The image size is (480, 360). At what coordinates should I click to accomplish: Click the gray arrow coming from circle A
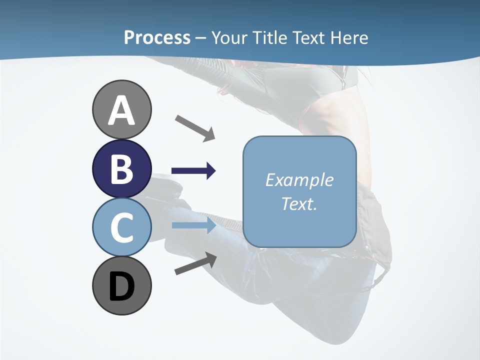(x=195, y=127)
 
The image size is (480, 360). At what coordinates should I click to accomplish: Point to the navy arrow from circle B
(x=193, y=171)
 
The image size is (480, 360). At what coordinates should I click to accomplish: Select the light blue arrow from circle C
(x=193, y=225)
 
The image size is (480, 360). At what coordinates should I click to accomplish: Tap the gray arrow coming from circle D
(x=195, y=263)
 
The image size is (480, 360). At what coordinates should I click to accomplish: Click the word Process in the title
(x=157, y=37)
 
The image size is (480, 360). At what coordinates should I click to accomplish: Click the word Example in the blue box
(x=299, y=180)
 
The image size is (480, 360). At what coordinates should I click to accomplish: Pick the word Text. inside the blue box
(x=299, y=203)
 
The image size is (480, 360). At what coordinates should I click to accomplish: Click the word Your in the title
(x=228, y=37)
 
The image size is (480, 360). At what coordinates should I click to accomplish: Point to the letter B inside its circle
(x=121, y=168)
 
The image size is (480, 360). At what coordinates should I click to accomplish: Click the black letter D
(x=121, y=286)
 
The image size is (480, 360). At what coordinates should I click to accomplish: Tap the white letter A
(x=121, y=110)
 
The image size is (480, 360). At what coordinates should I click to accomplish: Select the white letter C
(x=121, y=227)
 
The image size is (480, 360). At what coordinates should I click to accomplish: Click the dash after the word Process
(x=200, y=38)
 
